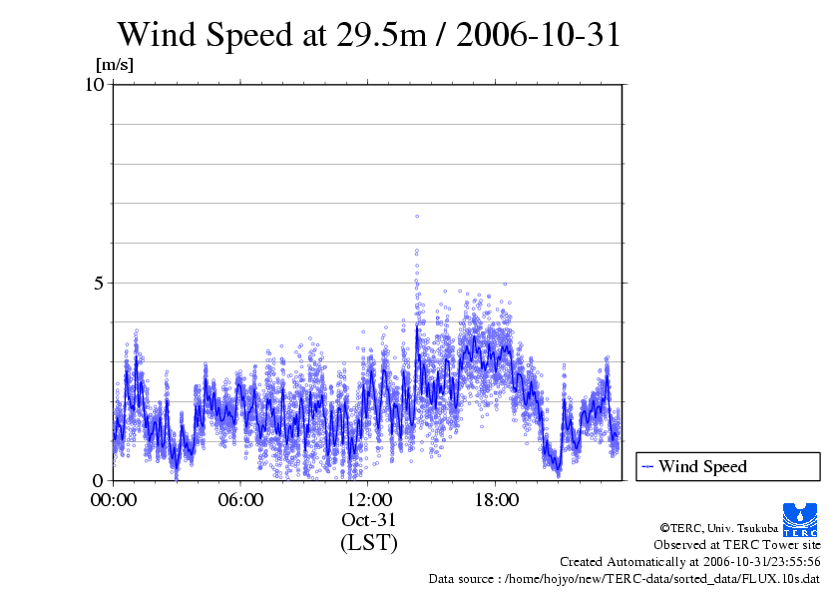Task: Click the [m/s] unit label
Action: (x=114, y=66)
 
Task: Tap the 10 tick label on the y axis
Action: (x=95, y=84)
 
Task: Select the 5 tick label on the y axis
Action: (x=100, y=283)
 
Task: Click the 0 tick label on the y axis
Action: (x=100, y=480)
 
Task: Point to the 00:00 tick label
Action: (x=114, y=499)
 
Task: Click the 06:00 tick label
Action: (x=240, y=499)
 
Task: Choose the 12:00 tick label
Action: (x=369, y=499)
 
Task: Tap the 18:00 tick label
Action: (x=497, y=499)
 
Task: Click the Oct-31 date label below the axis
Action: (x=369, y=520)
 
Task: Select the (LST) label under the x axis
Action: (x=369, y=543)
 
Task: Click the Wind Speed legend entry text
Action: (x=702, y=466)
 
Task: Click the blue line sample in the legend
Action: (x=647, y=466)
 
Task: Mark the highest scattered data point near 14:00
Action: (x=417, y=216)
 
